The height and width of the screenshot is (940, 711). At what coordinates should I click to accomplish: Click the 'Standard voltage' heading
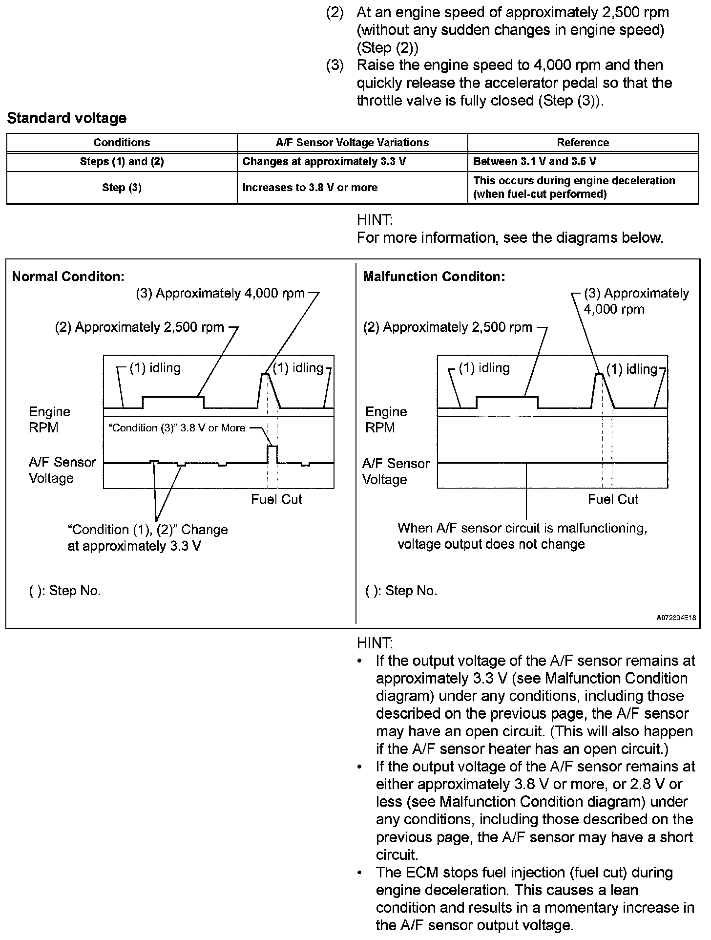point(67,118)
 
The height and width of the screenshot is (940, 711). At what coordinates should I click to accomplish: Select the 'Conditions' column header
point(122,143)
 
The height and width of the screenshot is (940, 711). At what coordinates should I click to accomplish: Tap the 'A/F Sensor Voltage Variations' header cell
point(352,143)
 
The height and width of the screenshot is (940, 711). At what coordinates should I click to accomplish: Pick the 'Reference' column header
point(583,143)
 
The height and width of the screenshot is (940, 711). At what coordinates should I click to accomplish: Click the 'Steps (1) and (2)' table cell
point(122,162)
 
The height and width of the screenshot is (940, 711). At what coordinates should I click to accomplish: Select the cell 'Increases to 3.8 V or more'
point(310,188)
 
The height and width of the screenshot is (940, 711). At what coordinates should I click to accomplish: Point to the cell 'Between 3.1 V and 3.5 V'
point(535,162)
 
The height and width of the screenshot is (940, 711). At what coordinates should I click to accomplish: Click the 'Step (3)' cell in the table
point(122,188)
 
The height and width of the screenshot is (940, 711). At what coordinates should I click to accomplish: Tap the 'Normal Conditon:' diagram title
point(68,277)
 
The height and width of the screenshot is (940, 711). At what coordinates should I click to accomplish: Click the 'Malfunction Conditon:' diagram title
point(434,277)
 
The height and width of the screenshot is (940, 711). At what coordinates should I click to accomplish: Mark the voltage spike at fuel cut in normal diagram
point(272,453)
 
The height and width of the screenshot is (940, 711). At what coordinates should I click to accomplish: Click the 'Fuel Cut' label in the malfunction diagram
point(613,499)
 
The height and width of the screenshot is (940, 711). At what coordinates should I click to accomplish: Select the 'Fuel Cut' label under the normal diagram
point(276,499)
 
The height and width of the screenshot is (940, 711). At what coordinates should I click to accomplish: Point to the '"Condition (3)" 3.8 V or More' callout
point(176,428)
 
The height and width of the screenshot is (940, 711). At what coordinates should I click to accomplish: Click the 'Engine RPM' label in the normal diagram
point(49,420)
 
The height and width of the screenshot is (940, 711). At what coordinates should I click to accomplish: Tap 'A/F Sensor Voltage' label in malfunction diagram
point(396,471)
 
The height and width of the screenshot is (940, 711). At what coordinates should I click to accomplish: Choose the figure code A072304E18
point(676,618)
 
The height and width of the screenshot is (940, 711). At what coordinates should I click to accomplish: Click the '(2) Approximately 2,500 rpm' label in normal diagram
point(140,327)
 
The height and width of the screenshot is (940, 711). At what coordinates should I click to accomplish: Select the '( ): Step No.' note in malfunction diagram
point(401,591)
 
